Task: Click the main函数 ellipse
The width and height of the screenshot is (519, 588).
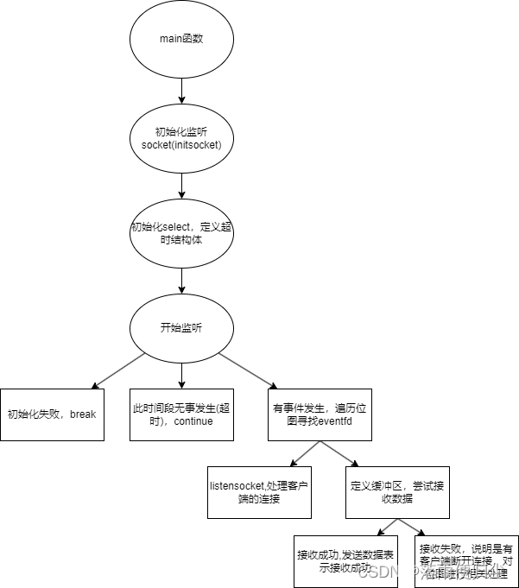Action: (x=181, y=39)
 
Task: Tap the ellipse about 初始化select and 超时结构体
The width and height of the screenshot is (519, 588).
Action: (x=181, y=233)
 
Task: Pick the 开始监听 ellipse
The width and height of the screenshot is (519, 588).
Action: (x=181, y=328)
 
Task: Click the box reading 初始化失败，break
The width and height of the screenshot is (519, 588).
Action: (x=52, y=414)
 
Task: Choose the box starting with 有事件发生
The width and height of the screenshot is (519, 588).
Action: (x=320, y=414)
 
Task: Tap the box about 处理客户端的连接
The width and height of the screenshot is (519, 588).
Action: (x=259, y=492)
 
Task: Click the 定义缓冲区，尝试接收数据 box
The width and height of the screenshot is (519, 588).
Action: (x=397, y=492)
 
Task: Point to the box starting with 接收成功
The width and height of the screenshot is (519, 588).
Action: (x=345, y=561)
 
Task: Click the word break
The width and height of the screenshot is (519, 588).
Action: (x=83, y=414)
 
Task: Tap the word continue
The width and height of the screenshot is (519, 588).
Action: (x=193, y=421)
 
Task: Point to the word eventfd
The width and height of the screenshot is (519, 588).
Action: (x=345, y=421)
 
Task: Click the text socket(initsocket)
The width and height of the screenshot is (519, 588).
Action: (x=181, y=144)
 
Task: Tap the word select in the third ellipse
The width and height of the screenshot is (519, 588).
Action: (x=178, y=227)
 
